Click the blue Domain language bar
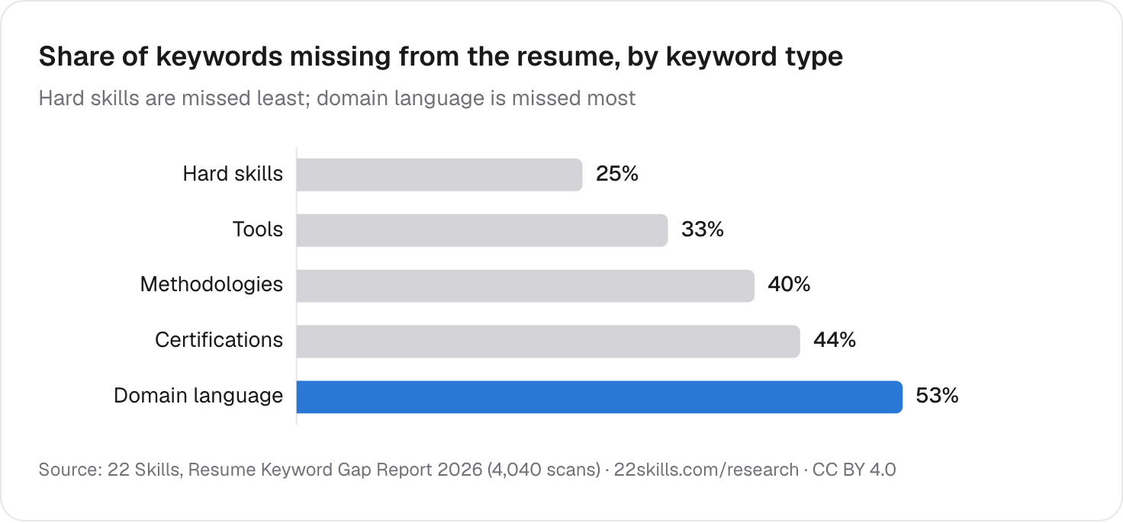(x=600, y=396)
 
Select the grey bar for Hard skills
(x=439, y=175)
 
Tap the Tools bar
(x=482, y=230)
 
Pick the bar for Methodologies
(x=526, y=286)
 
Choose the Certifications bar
(x=549, y=342)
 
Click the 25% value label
(x=617, y=174)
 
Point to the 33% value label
(x=703, y=229)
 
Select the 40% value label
(x=789, y=284)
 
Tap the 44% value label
(x=835, y=340)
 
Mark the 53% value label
(x=937, y=396)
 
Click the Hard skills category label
(x=233, y=174)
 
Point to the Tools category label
(x=258, y=229)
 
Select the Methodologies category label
(x=211, y=284)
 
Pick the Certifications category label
(x=219, y=340)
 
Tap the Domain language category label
(x=198, y=396)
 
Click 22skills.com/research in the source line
(x=706, y=470)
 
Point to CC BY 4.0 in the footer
(x=854, y=470)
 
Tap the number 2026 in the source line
(x=460, y=470)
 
